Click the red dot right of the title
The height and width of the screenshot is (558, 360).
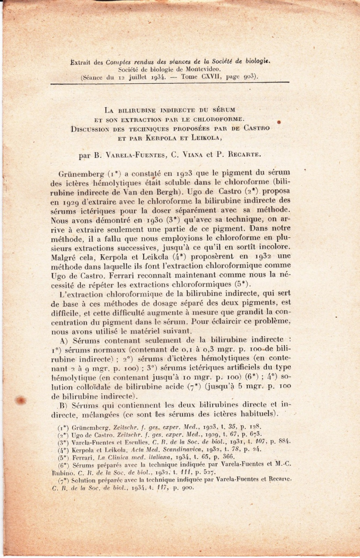[279, 121]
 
